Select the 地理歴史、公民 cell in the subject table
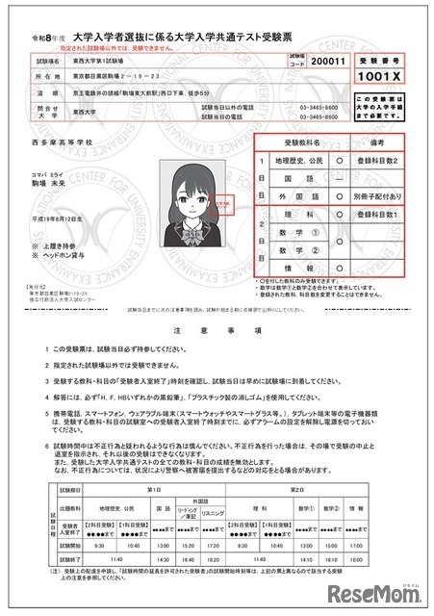click(298, 160)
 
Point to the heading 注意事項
click(217, 329)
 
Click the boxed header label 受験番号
click(382, 58)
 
